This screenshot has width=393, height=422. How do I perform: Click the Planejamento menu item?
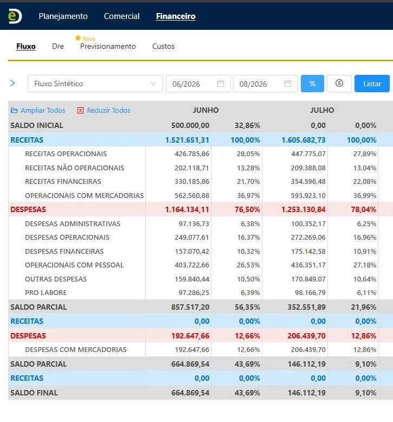pyautogui.click(x=63, y=16)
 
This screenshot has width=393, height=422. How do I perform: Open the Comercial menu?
pyautogui.click(x=121, y=16)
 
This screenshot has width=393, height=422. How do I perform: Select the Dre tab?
pyautogui.click(x=58, y=46)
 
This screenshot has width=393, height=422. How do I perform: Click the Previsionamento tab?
pyautogui.click(x=108, y=46)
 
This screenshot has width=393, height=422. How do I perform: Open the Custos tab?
pyautogui.click(x=163, y=46)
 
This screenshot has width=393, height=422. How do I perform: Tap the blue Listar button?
pyautogui.click(x=372, y=84)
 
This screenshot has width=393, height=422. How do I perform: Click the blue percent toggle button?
pyautogui.click(x=312, y=84)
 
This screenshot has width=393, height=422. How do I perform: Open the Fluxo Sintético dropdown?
pyautogui.click(x=95, y=84)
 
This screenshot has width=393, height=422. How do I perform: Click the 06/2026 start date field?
pyautogui.click(x=198, y=84)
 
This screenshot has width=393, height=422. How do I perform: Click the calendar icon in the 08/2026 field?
pyautogui.click(x=288, y=84)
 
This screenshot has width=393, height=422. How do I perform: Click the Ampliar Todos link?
pyautogui.click(x=38, y=110)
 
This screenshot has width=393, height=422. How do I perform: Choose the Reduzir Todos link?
pyautogui.click(x=104, y=110)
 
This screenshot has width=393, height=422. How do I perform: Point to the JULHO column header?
pyautogui.click(x=322, y=110)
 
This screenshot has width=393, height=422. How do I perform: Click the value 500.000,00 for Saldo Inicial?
pyautogui.click(x=190, y=125)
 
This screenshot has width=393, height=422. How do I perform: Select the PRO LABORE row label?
pyautogui.click(x=46, y=292)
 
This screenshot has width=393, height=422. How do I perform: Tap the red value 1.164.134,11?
pyautogui.click(x=187, y=209)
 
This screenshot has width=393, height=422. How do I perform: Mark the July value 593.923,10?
pyautogui.click(x=308, y=196)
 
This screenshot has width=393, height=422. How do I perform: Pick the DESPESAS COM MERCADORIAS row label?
pyautogui.click(x=75, y=350)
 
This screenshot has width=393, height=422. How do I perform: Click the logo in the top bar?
pyautogui.click(x=15, y=16)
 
